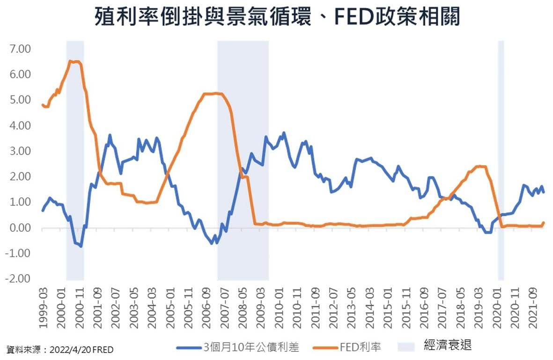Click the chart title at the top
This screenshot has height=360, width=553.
[x=277, y=18]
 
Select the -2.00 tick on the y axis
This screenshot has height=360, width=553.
[x=18, y=279]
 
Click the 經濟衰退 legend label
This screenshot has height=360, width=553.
[x=448, y=346]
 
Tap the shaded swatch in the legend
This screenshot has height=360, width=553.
[x=406, y=346]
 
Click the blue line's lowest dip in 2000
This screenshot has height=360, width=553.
[x=81, y=246]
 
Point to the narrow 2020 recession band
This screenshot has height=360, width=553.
[x=501, y=159]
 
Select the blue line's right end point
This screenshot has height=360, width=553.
[x=543, y=192]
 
